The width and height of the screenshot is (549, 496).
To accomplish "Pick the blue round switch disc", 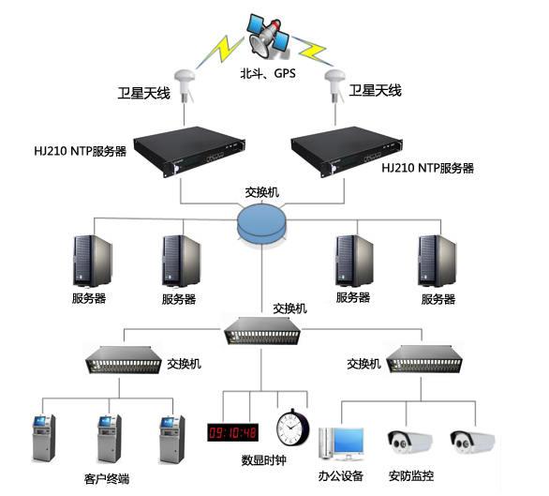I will pyautogui.click(x=263, y=224).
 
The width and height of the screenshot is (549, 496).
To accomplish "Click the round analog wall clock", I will pyautogui.click(x=293, y=427).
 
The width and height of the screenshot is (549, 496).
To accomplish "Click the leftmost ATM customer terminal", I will pyautogui.click(x=44, y=437).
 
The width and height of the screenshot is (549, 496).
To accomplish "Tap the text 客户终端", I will pyautogui.click(x=105, y=480).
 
